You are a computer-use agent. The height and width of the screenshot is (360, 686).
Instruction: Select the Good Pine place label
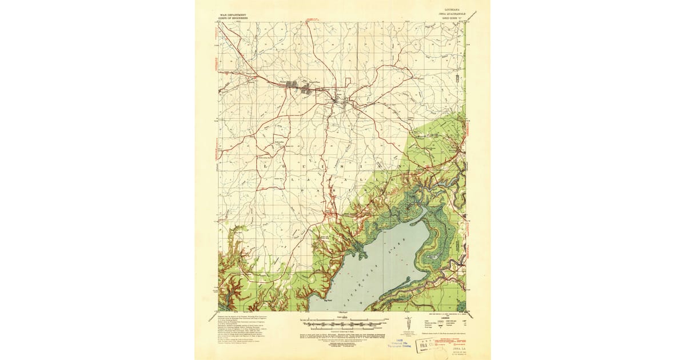pos(314,83)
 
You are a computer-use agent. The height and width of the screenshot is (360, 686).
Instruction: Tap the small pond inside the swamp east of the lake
pos(433,258)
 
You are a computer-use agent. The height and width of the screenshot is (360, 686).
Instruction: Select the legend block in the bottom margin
pos(452,319)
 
